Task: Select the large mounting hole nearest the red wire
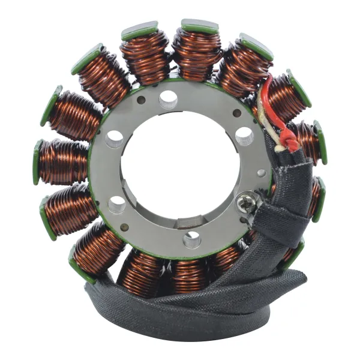[x=244, y=136]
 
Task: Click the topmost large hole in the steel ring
[x=169, y=97]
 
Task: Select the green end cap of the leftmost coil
[x=37, y=163]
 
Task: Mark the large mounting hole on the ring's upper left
[x=115, y=140]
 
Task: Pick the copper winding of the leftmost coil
[x=63, y=162]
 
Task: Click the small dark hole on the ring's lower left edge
[x=124, y=227]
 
